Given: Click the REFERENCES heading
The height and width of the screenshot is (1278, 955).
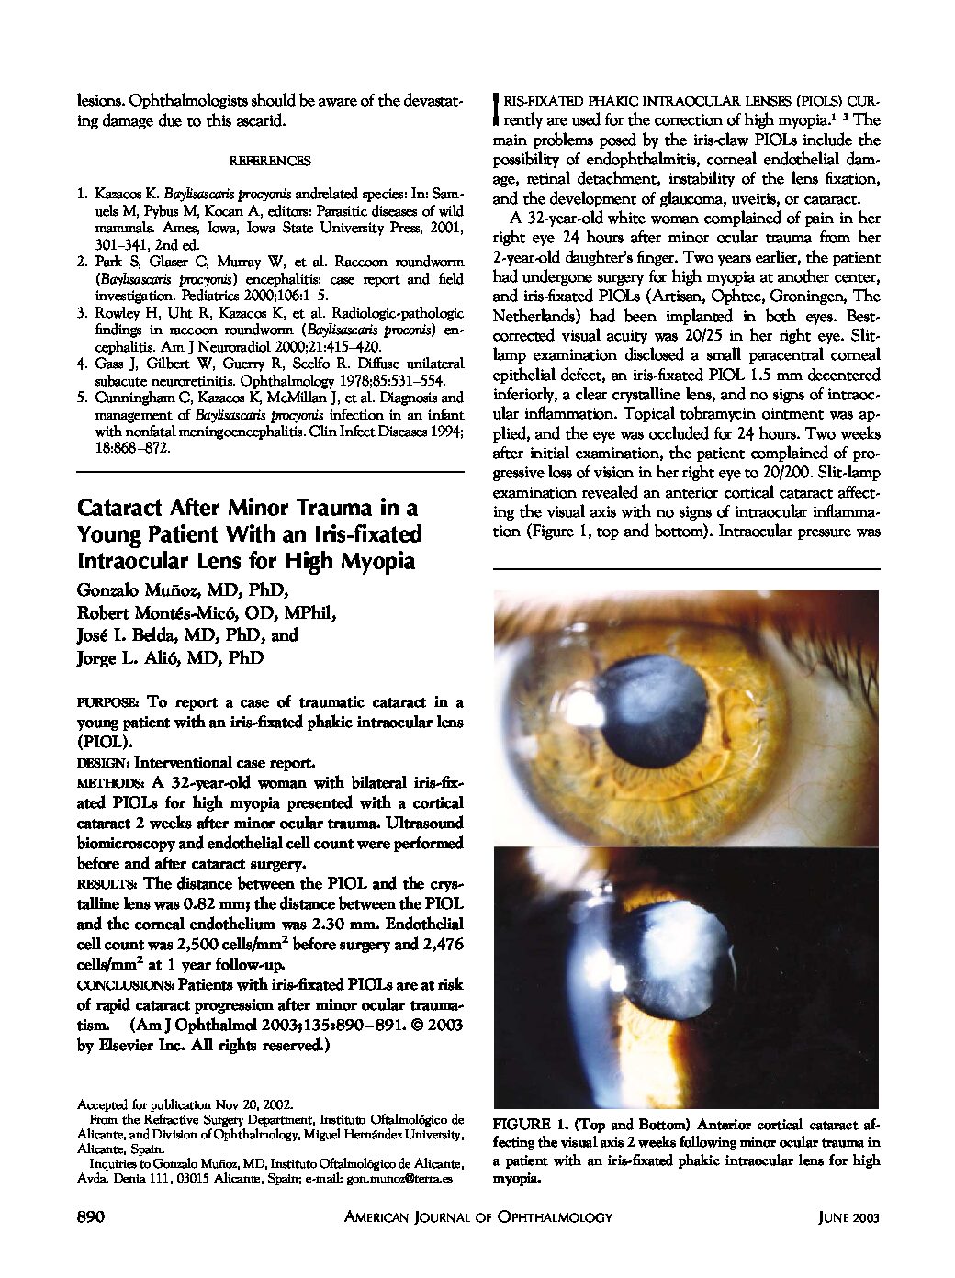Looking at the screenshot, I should pyautogui.click(x=270, y=160).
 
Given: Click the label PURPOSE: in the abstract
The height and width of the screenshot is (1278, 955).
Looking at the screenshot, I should pyautogui.click(x=108, y=702).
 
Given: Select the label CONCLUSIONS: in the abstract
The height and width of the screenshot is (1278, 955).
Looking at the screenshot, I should pyautogui.click(x=126, y=984).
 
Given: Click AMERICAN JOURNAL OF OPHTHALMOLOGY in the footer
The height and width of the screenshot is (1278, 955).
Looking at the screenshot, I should pyautogui.click(x=477, y=1217).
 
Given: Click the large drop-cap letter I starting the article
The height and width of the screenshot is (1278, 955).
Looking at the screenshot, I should pyautogui.click(x=497, y=107).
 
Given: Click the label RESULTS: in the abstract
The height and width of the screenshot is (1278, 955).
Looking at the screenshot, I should pyautogui.click(x=107, y=883).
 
